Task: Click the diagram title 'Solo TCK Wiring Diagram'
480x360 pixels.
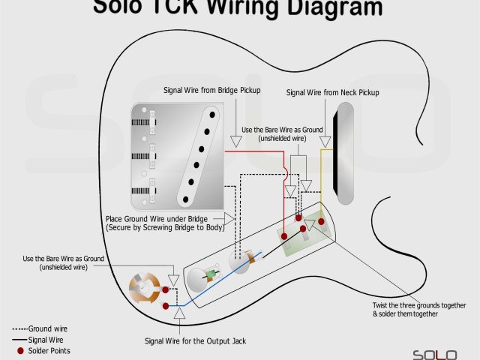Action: point(237,8)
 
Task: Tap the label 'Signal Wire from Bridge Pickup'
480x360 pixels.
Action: point(211,91)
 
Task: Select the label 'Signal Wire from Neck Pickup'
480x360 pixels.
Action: point(332,92)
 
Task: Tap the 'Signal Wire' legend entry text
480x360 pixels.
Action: point(46,340)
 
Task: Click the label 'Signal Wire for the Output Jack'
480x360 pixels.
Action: point(195,341)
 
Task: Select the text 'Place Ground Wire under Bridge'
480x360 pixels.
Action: point(157,218)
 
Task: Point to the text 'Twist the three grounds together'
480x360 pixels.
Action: point(418,305)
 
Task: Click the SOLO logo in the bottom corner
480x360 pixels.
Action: point(434,352)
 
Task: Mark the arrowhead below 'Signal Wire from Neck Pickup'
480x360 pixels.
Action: point(325,140)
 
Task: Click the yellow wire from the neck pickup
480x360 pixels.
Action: point(324,172)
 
